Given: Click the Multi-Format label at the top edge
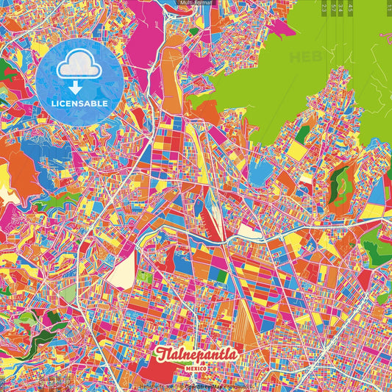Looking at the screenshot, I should [196, 3].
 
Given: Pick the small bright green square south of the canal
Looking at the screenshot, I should [146, 279].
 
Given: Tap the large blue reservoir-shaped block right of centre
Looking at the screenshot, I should [260, 174].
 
